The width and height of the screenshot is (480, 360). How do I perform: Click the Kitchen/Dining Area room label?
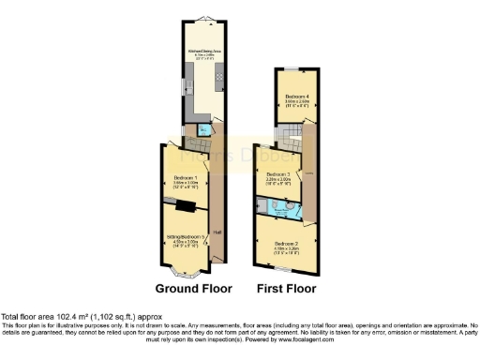[x=202, y=52]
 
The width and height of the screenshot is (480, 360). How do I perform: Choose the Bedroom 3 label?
[x=278, y=175]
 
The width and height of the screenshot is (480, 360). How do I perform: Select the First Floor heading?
[x=290, y=288]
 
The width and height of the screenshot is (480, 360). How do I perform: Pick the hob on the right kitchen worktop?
[x=219, y=78]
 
